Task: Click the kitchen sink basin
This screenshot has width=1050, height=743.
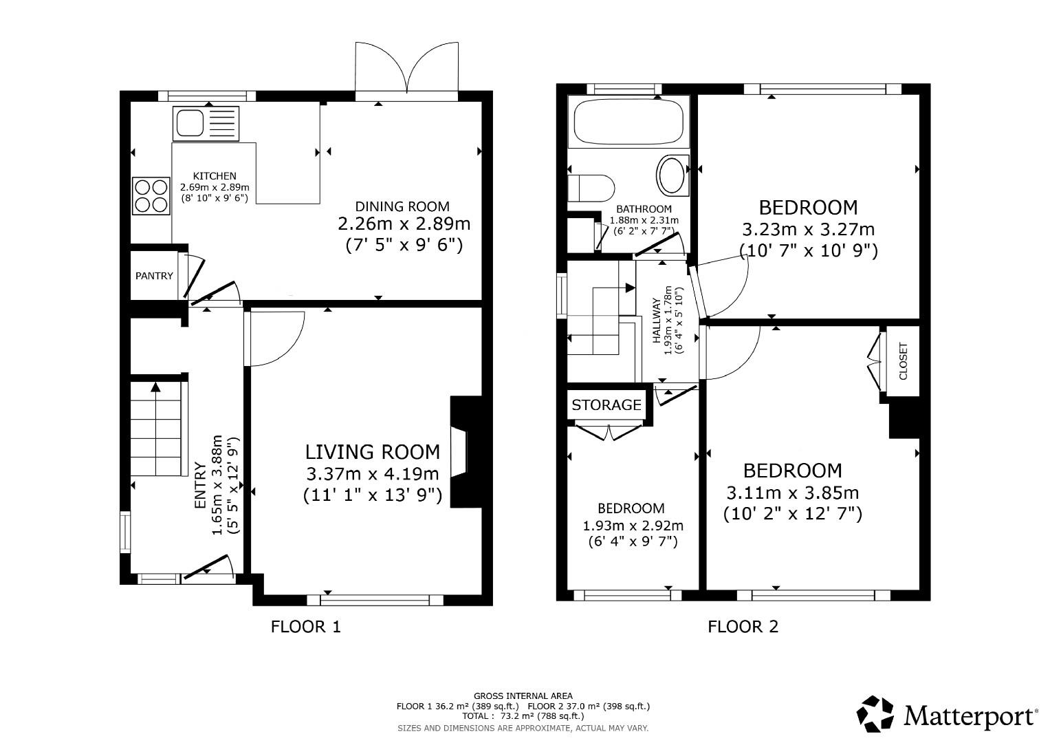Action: click(x=189, y=123)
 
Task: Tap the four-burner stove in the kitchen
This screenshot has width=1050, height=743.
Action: click(x=151, y=195)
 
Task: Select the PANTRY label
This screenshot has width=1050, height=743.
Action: click(x=154, y=276)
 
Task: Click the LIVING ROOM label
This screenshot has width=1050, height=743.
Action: click(x=373, y=452)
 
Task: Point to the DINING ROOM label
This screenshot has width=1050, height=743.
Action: click(x=402, y=206)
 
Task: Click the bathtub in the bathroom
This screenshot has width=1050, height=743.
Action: click(x=628, y=122)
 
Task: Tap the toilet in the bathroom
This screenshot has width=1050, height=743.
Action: click(x=591, y=189)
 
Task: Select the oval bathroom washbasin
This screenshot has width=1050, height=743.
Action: click(x=672, y=175)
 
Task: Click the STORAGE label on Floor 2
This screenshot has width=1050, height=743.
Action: click(x=606, y=405)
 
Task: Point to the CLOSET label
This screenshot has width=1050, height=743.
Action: click(x=903, y=361)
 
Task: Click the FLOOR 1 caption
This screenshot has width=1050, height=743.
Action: click(x=305, y=627)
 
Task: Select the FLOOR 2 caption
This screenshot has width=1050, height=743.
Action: click(x=743, y=627)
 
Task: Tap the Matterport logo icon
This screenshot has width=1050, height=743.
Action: click(x=875, y=714)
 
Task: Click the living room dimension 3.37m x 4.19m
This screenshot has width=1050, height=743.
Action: click(x=373, y=474)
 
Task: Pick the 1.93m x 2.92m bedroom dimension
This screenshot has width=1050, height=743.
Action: click(x=633, y=526)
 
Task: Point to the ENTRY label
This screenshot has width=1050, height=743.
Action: click(x=200, y=486)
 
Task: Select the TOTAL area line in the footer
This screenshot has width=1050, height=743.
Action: click(x=523, y=716)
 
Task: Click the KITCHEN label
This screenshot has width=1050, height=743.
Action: click(x=215, y=176)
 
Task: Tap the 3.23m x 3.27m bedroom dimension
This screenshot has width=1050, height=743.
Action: click(x=809, y=229)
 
